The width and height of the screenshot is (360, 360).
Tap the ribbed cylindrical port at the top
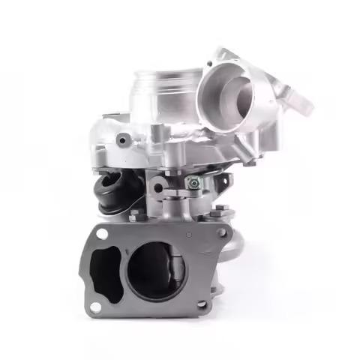pos(166,88)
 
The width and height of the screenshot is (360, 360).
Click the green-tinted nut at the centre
pos(193,182)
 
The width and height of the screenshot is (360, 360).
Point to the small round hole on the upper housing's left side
pos(122,139)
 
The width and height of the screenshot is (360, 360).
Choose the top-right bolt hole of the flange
pos(221,233)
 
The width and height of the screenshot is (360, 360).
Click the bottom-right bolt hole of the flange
pos(201,304)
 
